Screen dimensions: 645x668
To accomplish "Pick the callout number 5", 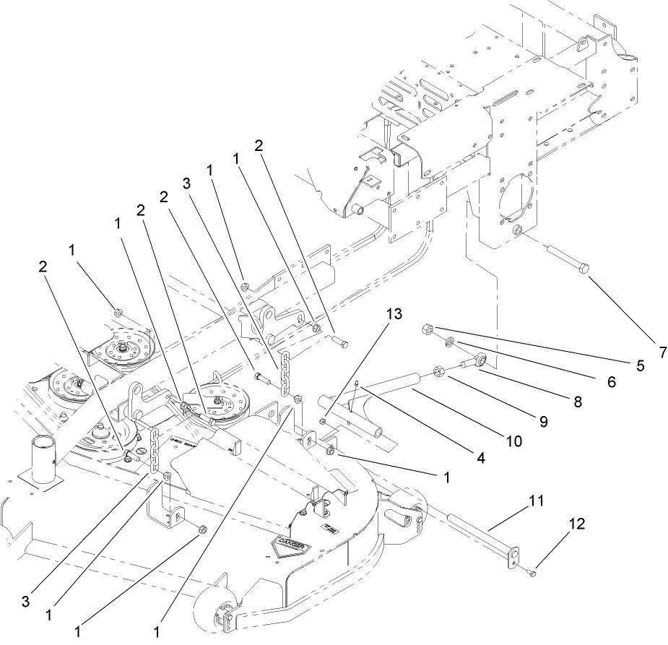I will tap(640, 366).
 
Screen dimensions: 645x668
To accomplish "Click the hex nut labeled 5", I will tap(427, 329).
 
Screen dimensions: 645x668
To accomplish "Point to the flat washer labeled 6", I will tap(449, 340).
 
